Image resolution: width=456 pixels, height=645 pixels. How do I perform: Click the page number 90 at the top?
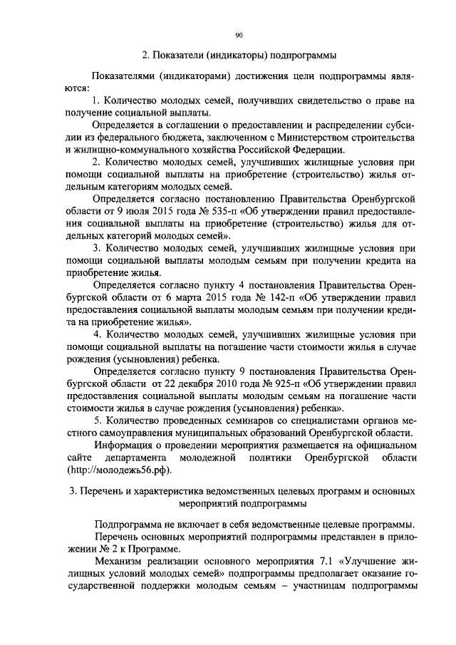pos(239,35)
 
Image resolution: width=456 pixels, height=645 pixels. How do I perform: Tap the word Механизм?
pos(119,562)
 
